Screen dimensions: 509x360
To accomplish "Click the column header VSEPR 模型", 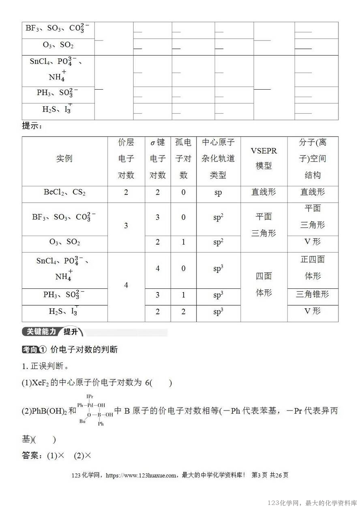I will pyautogui.click(x=264, y=159).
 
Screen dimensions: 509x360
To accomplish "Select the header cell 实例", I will pyautogui.click(x=64, y=159).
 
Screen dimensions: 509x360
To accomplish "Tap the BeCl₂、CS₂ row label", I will pyautogui.click(x=64, y=192).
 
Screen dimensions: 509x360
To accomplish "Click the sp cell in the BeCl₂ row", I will pyautogui.click(x=218, y=192).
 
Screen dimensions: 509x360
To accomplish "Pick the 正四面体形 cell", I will pyautogui.click(x=313, y=267).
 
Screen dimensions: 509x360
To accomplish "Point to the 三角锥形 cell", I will pyautogui.click(x=313, y=294).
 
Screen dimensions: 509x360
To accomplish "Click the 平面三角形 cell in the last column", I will pyautogui.click(x=313, y=216).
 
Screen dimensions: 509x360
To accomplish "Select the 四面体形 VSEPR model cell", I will pyautogui.click(x=264, y=284).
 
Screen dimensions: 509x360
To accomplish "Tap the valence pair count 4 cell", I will pyautogui.click(x=126, y=286).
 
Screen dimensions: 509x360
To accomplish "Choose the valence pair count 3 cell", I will pyautogui.click(x=126, y=226).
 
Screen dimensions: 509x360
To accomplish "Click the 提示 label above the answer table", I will pyautogui.click(x=32, y=126).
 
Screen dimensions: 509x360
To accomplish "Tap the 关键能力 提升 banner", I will pyautogui.click(x=53, y=332).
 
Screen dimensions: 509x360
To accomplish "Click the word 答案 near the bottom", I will pyautogui.click(x=31, y=455).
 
